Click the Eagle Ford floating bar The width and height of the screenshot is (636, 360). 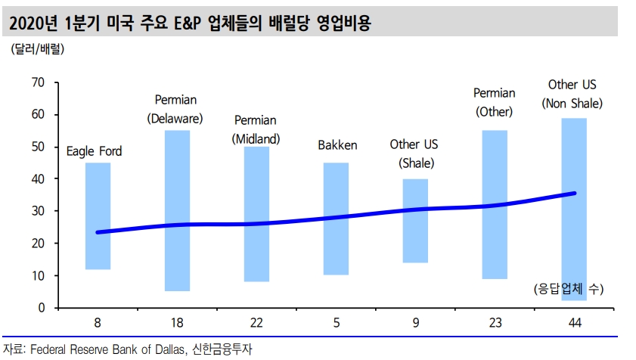point(98,216)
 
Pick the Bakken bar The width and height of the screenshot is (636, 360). point(336,219)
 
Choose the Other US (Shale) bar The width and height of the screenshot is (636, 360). point(415,220)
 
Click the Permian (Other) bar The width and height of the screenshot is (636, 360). point(494,204)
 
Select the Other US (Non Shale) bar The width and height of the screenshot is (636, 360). point(574,209)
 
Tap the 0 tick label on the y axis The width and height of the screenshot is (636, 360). point(42,308)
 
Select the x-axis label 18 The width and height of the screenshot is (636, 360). point(177,323)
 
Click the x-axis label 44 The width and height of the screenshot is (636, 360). point(573,323)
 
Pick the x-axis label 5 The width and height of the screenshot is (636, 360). point(336,323)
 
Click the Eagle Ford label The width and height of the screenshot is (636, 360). point(95,151)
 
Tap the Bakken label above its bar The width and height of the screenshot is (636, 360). point(337,145)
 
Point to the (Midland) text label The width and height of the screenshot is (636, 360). point(256,138)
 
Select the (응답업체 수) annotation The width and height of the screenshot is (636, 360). point(569,289)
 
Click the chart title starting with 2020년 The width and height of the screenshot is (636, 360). point(188,24)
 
